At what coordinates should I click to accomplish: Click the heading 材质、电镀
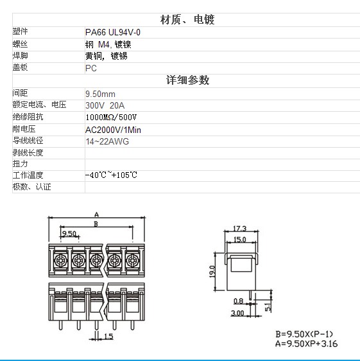(x=187, y=19)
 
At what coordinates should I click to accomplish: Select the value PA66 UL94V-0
(x=113, y=32)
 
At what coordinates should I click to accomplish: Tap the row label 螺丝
(x=20, y=44)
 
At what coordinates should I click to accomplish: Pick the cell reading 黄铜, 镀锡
(x=107, y=56)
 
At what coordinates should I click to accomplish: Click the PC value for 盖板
(x=91, y=68)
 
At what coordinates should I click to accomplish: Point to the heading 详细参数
(x=188, y=80)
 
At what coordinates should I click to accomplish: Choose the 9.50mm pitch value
(x=100, y=94)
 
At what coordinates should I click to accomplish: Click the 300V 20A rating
(x=105, y=106)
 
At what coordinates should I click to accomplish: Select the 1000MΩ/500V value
(x=111, y=118)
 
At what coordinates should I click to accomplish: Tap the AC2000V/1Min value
(x=113, y=130)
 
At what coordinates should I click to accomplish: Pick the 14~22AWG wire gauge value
(x=107, y=141)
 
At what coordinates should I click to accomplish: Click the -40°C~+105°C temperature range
(x=111, y=175)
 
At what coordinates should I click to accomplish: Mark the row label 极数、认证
(x=31, y=187)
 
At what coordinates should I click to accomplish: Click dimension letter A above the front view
(x=97, y=215)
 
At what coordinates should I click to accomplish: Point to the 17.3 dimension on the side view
(x=240, y=229)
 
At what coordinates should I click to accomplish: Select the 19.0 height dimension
(x=212, y=272)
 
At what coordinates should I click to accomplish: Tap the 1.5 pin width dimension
(x=108, y=337)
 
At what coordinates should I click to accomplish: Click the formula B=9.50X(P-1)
(x=304, y=334)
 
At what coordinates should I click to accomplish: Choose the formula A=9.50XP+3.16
(x=306, y=344)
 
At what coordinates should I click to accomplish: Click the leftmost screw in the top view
(x=60, y=260)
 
